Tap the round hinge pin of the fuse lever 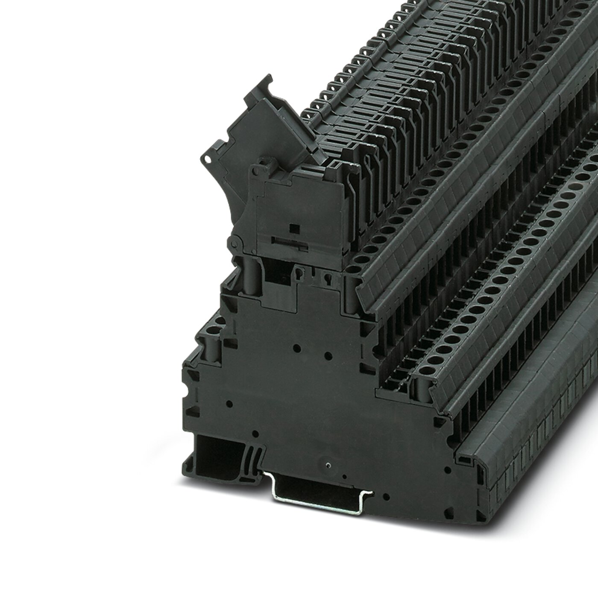pos(234,243)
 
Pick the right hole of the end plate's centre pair pos(327,355)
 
